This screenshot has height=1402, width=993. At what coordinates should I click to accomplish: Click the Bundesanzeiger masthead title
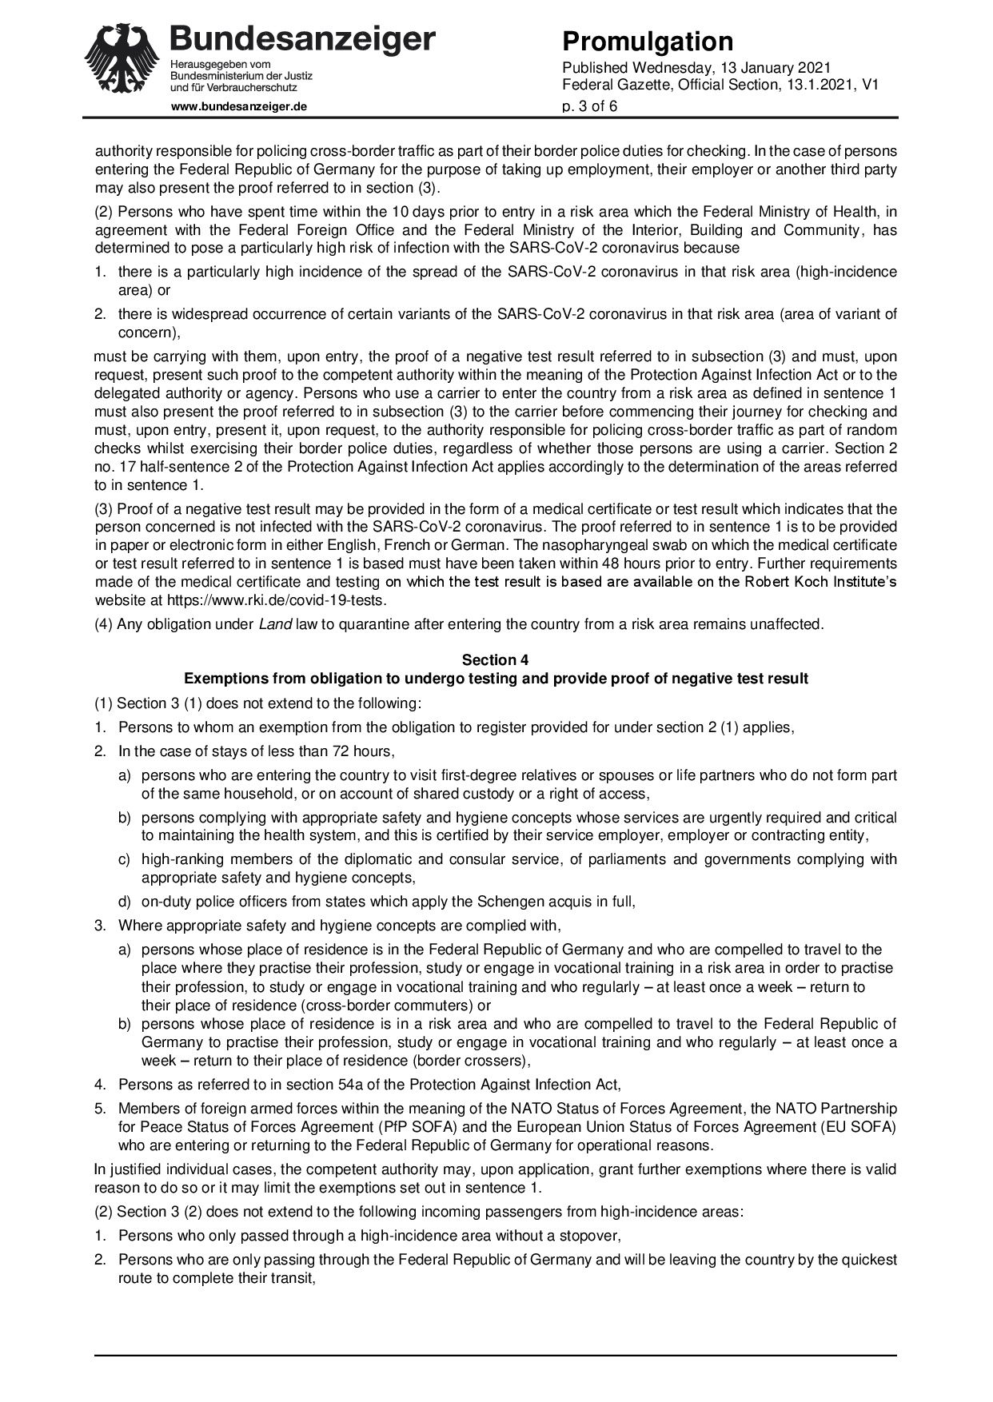[303, 39]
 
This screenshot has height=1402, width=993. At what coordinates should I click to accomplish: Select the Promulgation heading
[648, 42]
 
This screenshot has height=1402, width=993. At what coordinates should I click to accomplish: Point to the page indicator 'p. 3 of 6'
[590, 106]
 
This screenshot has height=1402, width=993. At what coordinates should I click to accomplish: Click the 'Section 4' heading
[496, 660]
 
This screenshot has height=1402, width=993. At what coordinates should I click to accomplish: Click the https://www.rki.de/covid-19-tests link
[277, 600]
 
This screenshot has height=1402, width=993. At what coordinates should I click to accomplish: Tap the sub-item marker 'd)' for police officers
[125, 902]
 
